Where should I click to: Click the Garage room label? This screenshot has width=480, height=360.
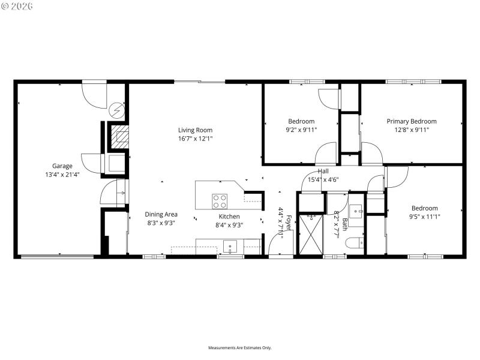[62, 166]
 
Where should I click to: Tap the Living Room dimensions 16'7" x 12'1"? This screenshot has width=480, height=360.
[195, 139]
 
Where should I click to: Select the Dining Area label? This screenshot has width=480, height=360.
[161, 214]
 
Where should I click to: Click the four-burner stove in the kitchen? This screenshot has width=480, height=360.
[220, 201]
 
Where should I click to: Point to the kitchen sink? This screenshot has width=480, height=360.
[230, 246]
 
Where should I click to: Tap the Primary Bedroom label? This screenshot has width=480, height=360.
[411, 121]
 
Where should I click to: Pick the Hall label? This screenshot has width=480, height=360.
[323, 172]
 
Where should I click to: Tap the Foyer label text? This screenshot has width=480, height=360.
[288, 223]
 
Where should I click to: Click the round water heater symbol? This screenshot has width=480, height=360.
[116, 110]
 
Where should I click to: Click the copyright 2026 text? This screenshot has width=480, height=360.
[17, 5]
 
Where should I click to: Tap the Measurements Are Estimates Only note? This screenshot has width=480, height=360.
[239, 348]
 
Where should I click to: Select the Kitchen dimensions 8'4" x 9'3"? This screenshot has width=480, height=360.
[229, 226]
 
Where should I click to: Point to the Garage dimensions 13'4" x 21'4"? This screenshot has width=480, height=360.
[62, 175]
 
